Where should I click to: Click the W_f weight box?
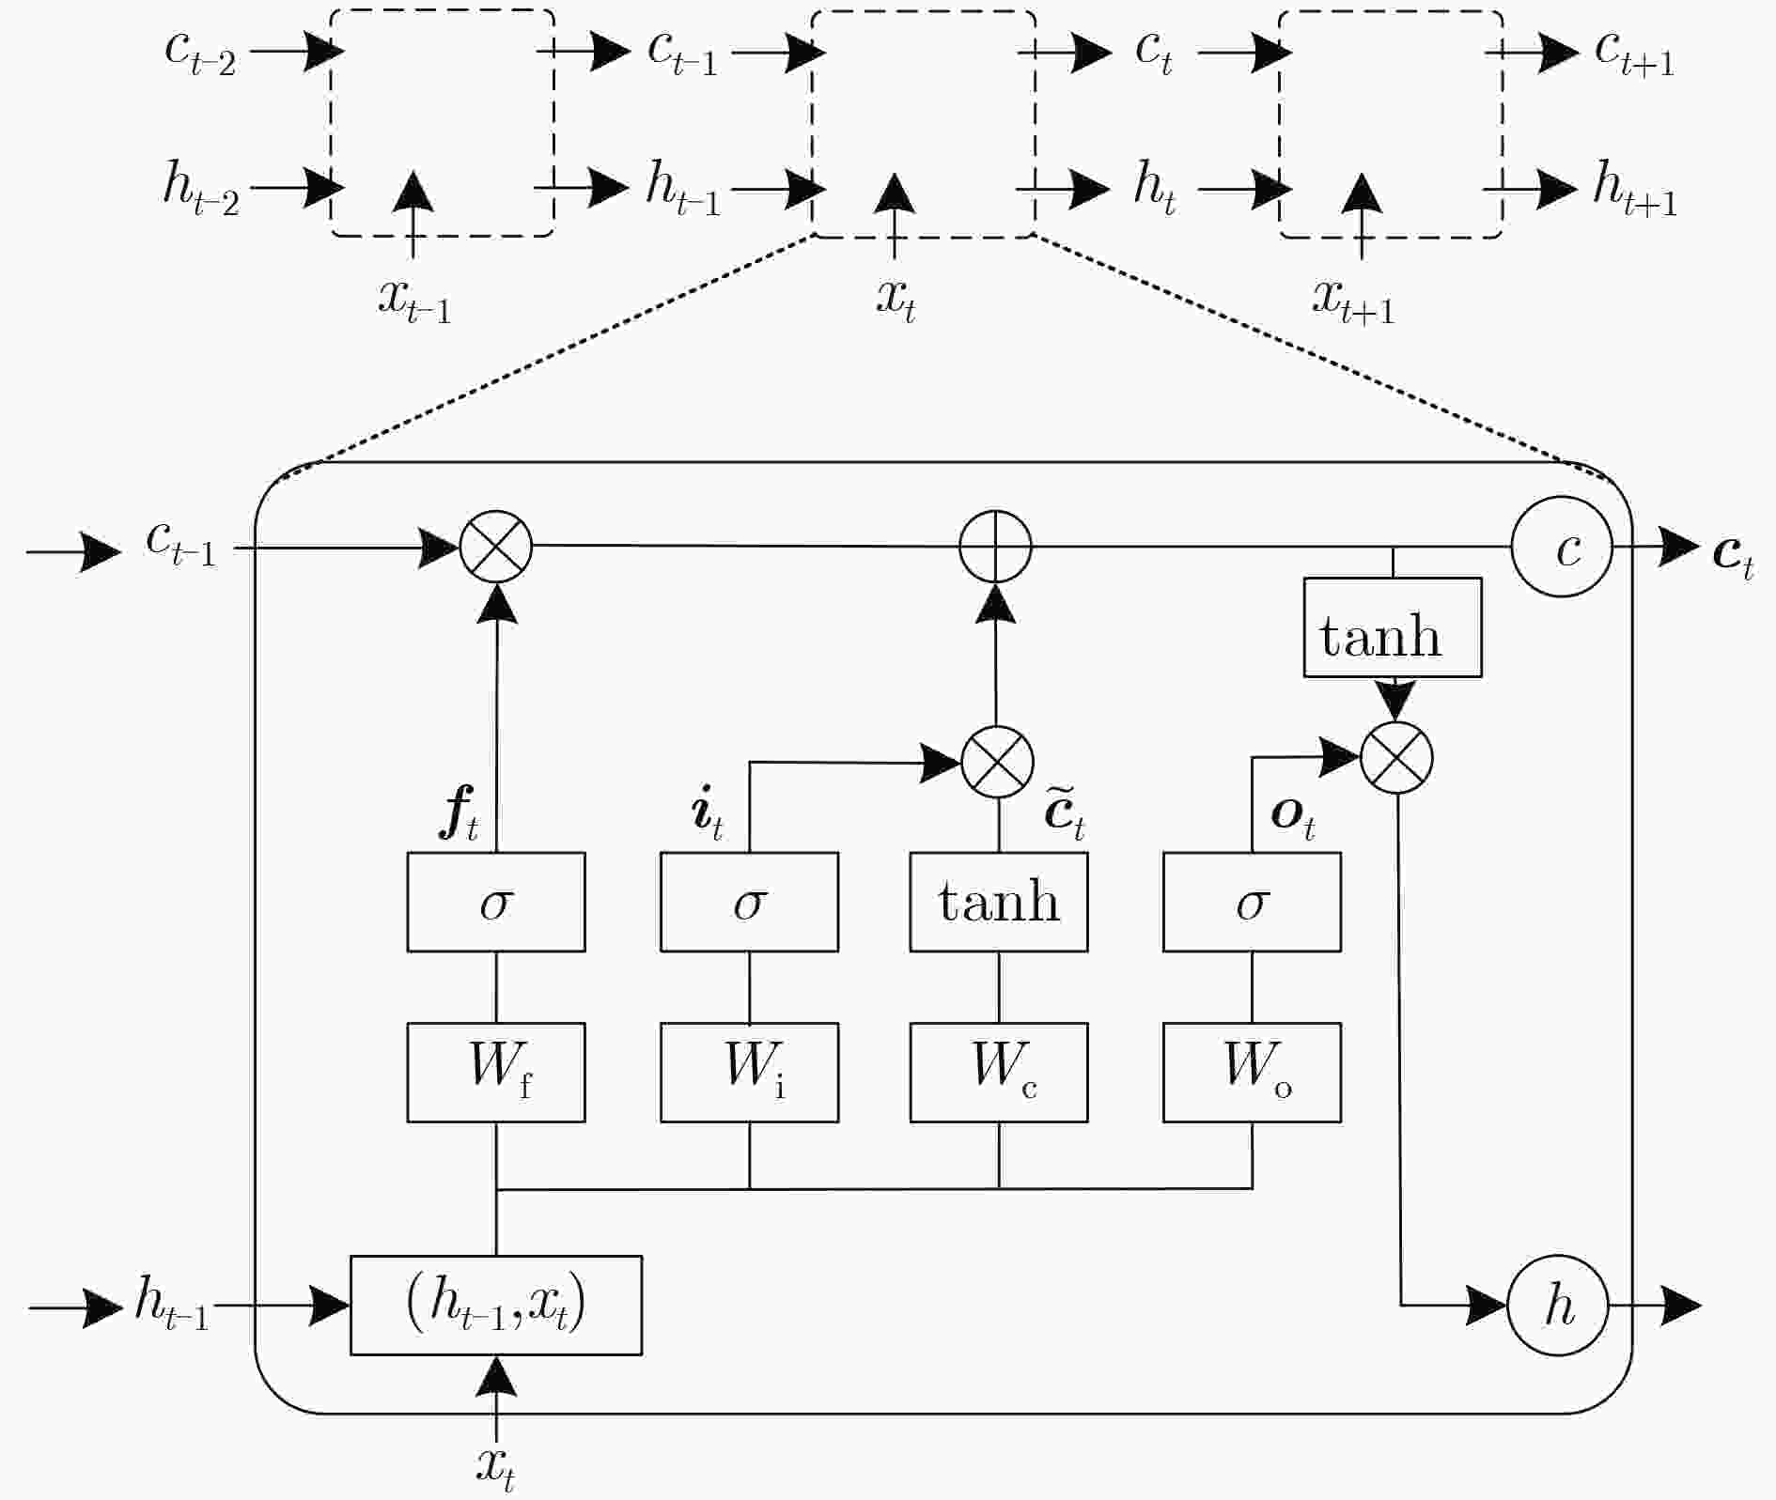(496, 1072)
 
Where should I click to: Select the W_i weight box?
(749, 1072)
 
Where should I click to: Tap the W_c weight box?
(999, 1072)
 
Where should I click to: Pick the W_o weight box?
(1252, 1072)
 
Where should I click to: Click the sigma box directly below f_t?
(496, 902)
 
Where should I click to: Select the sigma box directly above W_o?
(1252, 902)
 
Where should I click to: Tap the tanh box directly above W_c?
(999, 902)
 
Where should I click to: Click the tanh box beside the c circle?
(1393, 627)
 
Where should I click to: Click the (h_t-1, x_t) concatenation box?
(496, 1306)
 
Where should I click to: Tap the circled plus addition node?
(996, 547)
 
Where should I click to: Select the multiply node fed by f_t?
(496, 547)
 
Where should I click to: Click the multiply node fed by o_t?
(1397, 757)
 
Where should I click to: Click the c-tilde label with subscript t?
(1065, 813)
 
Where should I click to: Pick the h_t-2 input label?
(201, 188)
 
